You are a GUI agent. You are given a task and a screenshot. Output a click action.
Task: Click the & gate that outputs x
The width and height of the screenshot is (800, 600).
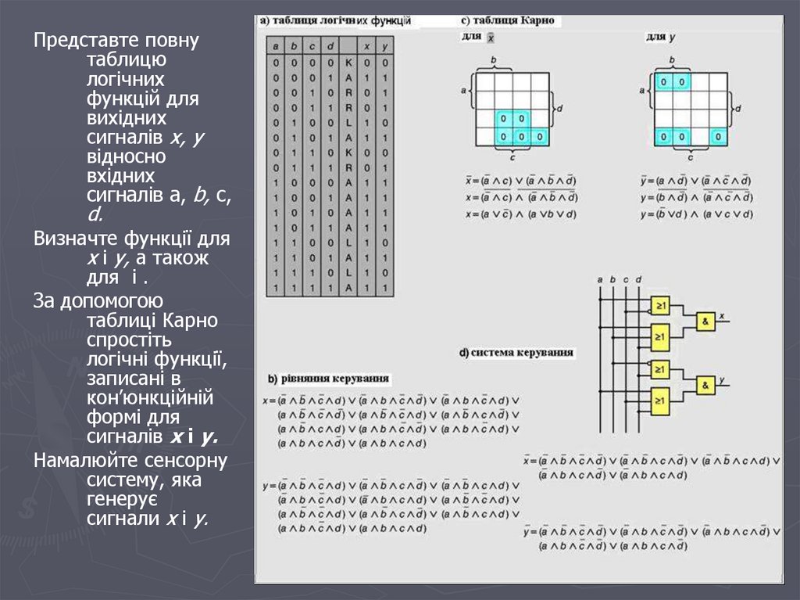(705, 321)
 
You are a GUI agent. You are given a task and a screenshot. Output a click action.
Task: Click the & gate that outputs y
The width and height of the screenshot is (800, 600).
(705, 385)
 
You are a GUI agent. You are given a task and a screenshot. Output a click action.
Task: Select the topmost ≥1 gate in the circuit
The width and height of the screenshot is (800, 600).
(660, 305)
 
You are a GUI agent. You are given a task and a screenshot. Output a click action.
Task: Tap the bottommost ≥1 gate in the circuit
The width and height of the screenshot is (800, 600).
(660, 401)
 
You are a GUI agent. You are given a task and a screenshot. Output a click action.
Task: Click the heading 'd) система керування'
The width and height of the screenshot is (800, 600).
(516, 353)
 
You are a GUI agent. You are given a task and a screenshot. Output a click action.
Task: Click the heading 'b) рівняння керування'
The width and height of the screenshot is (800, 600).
(328, 379)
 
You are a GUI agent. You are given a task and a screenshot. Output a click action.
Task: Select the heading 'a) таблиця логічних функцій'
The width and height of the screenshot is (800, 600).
(335, 21)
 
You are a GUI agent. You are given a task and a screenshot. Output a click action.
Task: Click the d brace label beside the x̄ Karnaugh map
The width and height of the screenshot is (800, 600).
(560, 107)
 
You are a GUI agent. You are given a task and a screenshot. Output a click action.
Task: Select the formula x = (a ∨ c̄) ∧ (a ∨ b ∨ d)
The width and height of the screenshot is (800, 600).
(521, 214)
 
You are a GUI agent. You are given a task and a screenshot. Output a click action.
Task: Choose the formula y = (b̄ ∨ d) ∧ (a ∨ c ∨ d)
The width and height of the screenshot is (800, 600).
(695, 214)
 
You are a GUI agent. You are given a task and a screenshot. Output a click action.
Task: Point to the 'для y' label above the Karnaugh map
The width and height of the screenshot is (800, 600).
(660, 37)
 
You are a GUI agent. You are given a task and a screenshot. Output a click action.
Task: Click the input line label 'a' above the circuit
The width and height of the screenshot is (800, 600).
(600, 278)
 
